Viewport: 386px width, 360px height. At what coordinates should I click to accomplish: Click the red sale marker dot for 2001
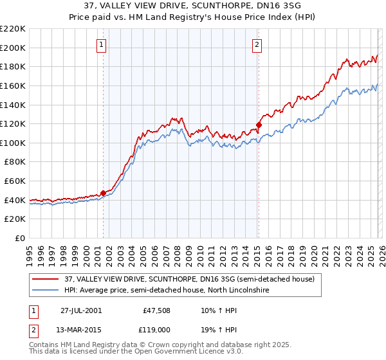tap(103, 193)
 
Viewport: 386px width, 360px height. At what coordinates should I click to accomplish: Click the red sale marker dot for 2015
tap(258, 125)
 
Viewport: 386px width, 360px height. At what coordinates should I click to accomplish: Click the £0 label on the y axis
tap(19, 238)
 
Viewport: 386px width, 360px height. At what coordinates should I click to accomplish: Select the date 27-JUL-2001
tap(80, 310)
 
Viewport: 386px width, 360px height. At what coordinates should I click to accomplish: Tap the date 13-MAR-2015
tap(80, 330)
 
